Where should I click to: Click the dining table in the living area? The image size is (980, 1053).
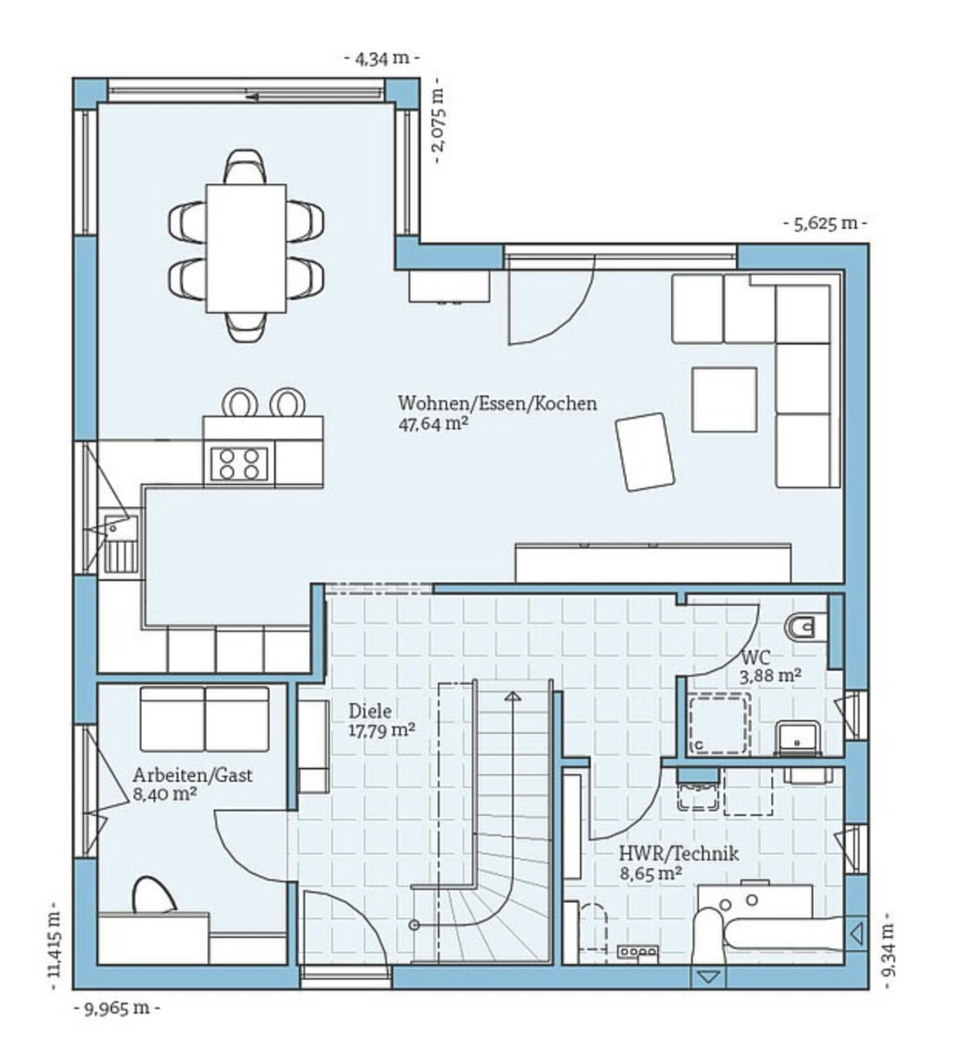point(246,248)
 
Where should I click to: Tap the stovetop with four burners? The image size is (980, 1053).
point(239,464)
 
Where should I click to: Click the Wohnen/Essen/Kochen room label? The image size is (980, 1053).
point(497,403)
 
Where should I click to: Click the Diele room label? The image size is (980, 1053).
point(370,711)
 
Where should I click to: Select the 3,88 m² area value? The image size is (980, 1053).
point(770,675)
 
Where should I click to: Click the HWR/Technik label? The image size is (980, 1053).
point(678,853)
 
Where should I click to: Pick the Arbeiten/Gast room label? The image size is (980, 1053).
point(192,775)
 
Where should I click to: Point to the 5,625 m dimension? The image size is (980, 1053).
point(826,223)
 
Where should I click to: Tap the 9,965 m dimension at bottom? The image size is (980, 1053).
point(117,1007)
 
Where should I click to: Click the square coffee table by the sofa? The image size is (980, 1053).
point(724,399)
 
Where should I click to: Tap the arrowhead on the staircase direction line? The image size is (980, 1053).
point(512,696)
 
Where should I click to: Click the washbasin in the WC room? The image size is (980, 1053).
point(798,738)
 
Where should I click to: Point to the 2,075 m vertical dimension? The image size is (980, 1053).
point(439,121)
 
